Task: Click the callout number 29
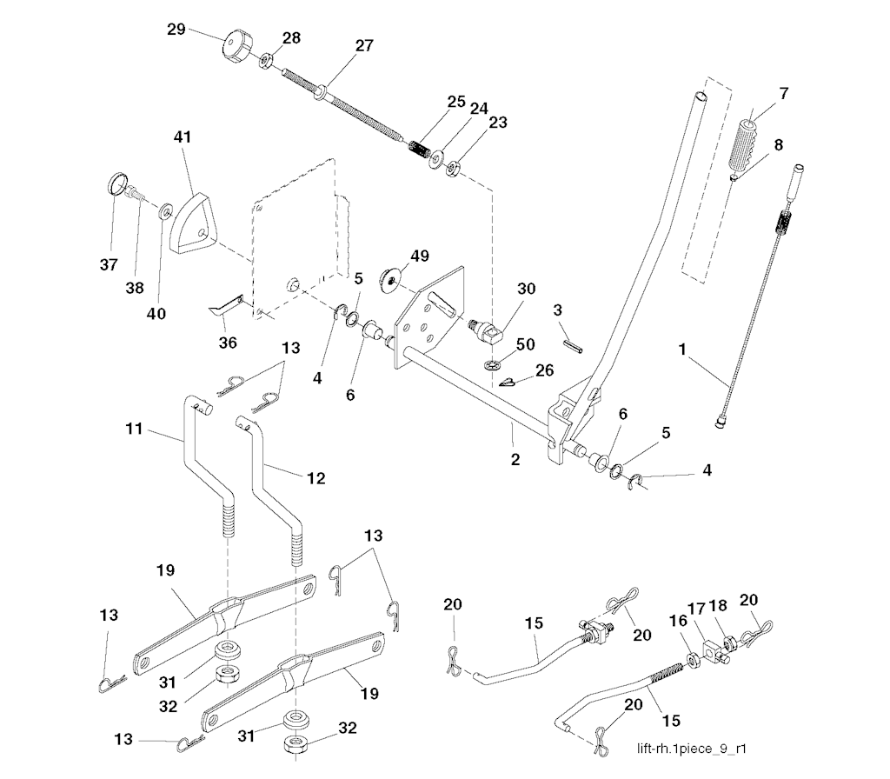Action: point(177,29)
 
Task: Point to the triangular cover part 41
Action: point(193,223)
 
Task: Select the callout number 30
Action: point(527,289)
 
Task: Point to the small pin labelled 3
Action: point(570,340)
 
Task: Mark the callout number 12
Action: point(316,477)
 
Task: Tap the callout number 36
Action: point(228,343)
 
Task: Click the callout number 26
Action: point(545,370)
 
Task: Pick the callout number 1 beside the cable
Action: point(683,350)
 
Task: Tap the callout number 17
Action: point(698,609)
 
